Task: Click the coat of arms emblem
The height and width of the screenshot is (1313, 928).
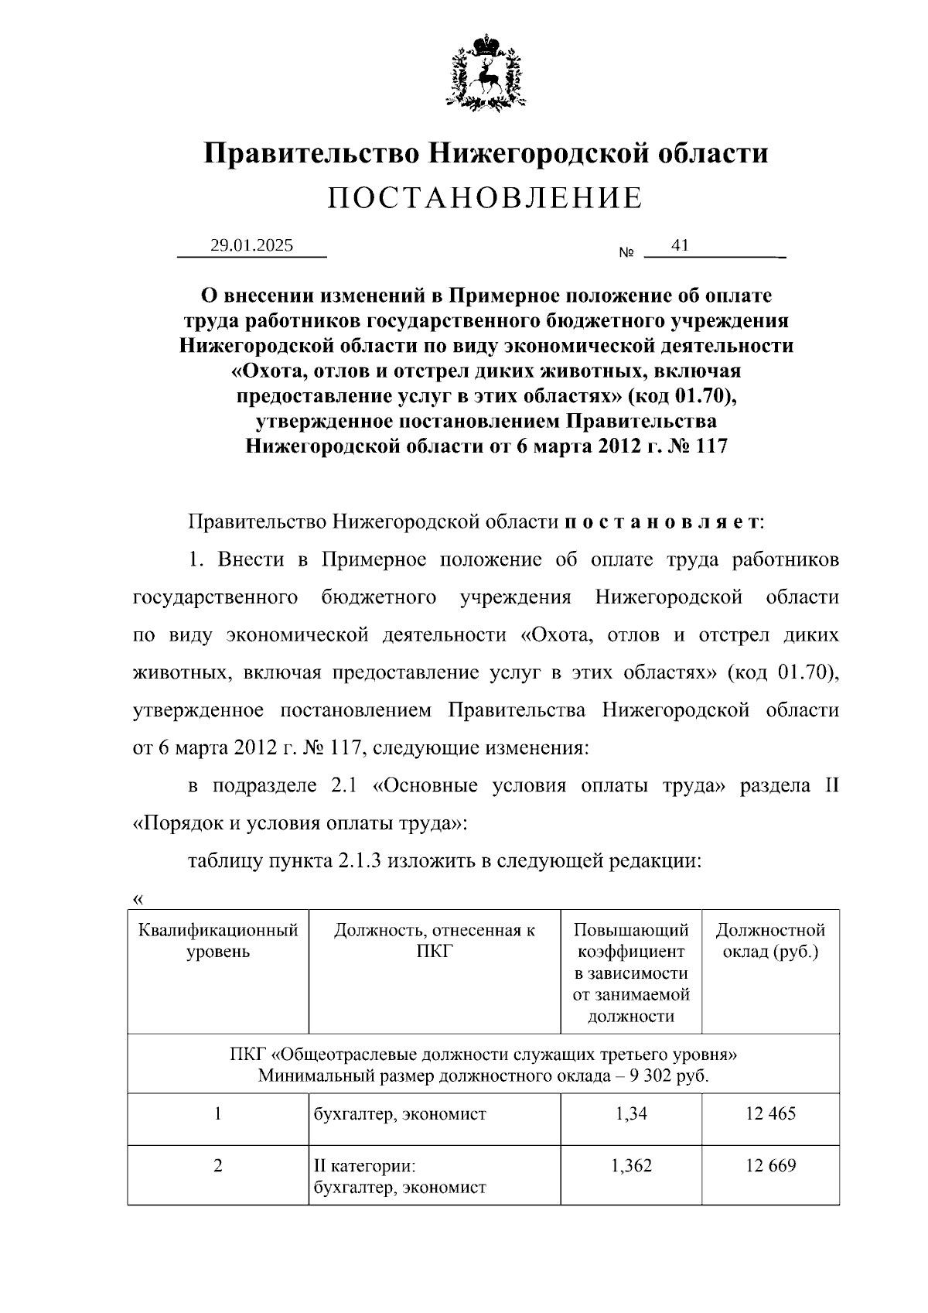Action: coord(486,71)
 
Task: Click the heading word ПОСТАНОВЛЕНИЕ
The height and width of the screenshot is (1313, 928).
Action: coord(485,198)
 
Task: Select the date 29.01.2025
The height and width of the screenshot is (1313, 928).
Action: coord(252,245)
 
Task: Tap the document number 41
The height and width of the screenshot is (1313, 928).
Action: coord(680,245)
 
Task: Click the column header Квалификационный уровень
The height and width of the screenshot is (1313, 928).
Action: coord(218,940)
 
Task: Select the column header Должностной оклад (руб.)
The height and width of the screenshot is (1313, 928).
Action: coord(770,940)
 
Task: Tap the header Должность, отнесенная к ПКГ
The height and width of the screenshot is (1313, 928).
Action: coord(434,940)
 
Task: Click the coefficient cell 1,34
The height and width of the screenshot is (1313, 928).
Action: coord(631,1113)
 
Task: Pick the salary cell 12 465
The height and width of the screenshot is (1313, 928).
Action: coord(770,1113)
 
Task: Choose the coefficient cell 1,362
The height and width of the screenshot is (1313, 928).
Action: coord(631,1165)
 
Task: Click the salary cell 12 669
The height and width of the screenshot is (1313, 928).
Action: coord(770,1165)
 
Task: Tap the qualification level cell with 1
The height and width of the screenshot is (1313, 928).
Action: coord(218,1113)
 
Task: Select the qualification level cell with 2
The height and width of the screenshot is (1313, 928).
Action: coord(218,1165)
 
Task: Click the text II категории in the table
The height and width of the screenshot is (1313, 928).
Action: coord(364,1165)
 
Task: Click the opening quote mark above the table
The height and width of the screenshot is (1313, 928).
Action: coord(138,899)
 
